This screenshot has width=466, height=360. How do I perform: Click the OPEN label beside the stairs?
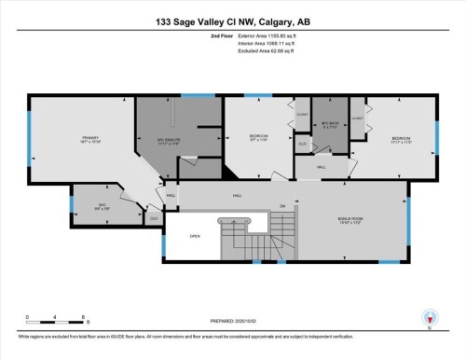[195, 235]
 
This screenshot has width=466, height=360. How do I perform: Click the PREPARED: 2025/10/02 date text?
[232, 324]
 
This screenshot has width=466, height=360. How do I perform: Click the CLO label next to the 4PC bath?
[302, 144]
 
